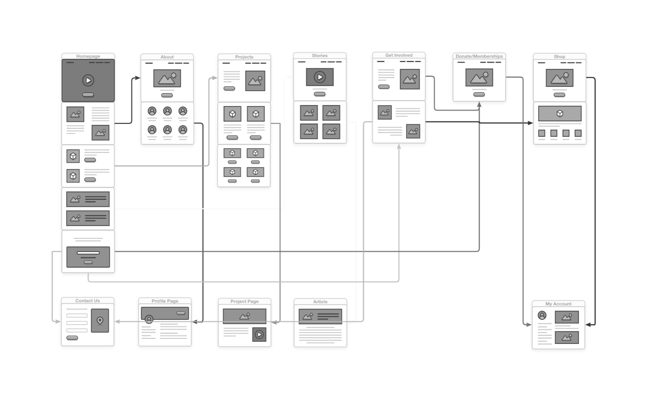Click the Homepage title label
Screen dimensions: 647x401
88,56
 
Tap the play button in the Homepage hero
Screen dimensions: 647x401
88,80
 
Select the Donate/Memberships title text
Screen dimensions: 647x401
479,56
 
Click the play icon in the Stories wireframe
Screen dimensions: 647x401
320,77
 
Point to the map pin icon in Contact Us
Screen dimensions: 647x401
100,320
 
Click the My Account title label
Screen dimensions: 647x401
558,304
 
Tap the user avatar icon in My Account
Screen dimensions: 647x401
542,315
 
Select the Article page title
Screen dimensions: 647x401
320,302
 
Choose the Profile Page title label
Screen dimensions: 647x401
165,301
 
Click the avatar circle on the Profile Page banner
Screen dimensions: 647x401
149,319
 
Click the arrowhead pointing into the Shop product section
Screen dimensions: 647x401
530,123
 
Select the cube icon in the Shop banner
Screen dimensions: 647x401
560,114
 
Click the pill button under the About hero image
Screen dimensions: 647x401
167,95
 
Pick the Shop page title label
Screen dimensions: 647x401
559,56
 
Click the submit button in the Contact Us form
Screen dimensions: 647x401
72,338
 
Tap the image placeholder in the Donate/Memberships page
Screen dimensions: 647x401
479,77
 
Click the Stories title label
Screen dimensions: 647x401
320,55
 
